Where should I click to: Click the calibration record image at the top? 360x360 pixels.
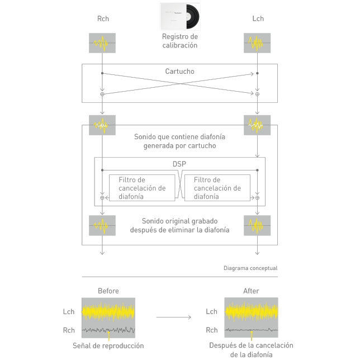(x=180, y=16)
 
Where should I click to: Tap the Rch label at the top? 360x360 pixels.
(x=102, y=19)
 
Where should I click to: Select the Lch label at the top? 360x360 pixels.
(x=258, y=19)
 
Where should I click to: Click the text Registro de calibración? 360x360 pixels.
(x=180, y=41)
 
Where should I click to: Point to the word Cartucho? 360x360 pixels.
(x=180, y=72)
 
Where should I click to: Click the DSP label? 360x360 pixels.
(x=179, y=165)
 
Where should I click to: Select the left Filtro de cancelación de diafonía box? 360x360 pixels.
(x=141, y=188)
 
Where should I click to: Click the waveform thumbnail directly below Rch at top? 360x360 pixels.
(x=102, y=43)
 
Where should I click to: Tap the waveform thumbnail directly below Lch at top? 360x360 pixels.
(x=257, y=43)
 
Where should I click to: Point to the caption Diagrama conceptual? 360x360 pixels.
(x=250, y=268)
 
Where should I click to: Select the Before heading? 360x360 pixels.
(x=108, y=291)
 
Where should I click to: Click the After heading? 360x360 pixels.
(x=252, y=291)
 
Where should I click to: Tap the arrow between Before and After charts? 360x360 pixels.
(x=173, y=318)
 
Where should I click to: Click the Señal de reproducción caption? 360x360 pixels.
(x=108, y=345)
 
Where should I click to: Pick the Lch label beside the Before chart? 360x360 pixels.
(x=69, y=311)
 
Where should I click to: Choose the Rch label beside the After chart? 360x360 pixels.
(x=211, y=330)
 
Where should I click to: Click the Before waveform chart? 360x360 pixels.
(x=108, y=317)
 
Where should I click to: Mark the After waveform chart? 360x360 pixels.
(x=251, y=317)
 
